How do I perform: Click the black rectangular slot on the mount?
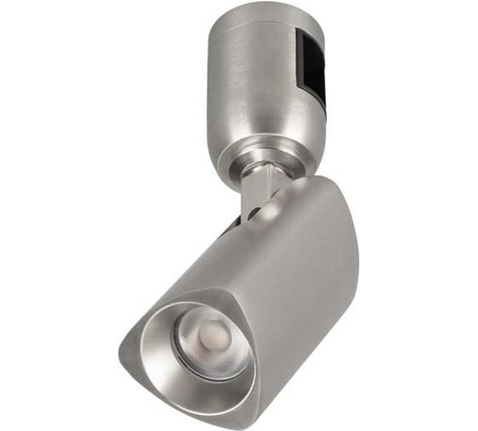pos(312,64)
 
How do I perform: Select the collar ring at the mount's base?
pos(256,158)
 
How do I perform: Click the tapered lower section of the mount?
pos(256,137)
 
